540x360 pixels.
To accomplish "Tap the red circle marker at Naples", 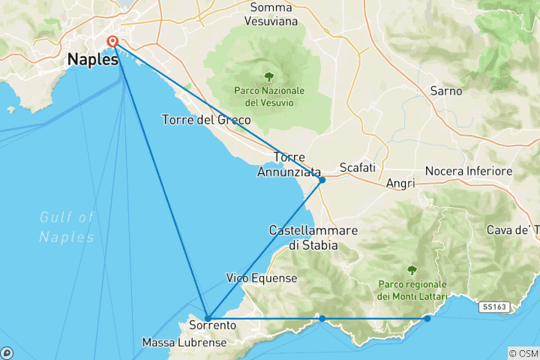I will coord(112,42).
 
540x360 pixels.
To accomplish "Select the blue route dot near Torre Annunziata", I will coord(322,180).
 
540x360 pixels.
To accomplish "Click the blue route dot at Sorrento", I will coord(208,318).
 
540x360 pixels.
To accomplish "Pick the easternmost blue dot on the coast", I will coord(427,319).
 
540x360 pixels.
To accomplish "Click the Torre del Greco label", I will coord(206,120).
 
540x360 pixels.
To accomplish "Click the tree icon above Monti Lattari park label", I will coord(411,270).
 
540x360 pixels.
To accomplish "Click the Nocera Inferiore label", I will coord(469,172).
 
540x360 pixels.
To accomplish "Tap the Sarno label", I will coord(445,91).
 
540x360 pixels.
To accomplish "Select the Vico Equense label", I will coord(262,278).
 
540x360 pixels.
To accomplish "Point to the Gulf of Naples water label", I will coord(67,227).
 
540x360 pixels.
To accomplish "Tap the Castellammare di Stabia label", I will coord(313,237).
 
